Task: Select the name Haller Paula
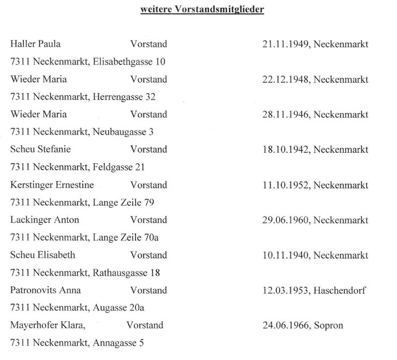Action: [35, 44]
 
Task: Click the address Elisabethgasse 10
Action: [129, 62]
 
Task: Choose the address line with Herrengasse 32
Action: [83, 97]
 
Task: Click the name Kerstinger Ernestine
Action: [52, 185]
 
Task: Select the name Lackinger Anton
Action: [45, 220]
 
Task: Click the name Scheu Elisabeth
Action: [42, 255]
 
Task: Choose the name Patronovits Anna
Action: [46, 290]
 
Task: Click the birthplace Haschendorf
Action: [340, 290]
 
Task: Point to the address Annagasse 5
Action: [119, 343]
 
